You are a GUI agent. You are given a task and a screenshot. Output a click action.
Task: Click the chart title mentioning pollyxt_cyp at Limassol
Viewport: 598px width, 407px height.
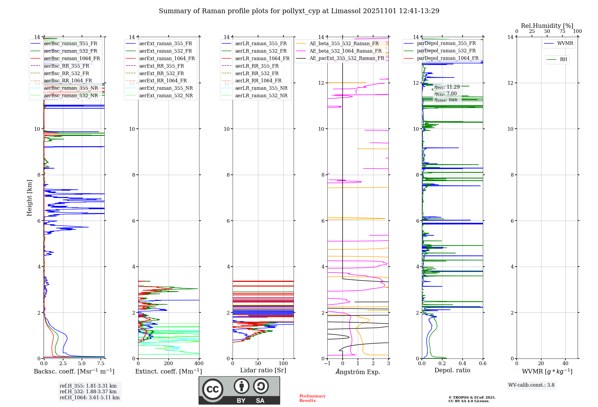pyautogui.click(x=299, y=11)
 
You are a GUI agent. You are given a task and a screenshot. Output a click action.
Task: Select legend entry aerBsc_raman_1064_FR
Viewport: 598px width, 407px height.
pyautogui.click(x=72, y=58)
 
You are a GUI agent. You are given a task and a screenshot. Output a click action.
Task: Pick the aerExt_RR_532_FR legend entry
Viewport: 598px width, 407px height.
pyautogui.click(x=161, y=73)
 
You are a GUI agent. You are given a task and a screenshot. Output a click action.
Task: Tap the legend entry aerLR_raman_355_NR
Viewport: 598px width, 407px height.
pyautogui.click(x=261, y=88)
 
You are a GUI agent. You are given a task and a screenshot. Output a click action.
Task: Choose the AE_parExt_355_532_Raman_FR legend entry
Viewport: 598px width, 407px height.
pyautogui.click(x=347, y=58)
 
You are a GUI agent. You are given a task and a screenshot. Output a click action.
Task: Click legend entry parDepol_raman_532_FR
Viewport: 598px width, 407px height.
pyautogui.click(x=446, y=51)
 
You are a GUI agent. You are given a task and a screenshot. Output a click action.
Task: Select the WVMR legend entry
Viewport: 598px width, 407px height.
pyautogui.click(x=565, y=43)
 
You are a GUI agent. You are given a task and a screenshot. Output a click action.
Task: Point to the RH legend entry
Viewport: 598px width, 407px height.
pyautogui.click(x=563, y=60)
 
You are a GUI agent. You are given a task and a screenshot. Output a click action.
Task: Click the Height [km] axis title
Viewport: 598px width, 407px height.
pyautogui.click(x=29, y=198)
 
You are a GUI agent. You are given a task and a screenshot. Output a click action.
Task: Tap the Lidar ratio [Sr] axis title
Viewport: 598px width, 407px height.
pyautogui.click(x=263, y=370)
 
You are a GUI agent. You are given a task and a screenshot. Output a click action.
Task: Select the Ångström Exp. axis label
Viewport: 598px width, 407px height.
pyautogui.click(x=358, y=372)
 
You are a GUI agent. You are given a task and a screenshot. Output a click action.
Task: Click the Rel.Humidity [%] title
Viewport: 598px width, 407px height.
pyautogui.click(x=547, y=26)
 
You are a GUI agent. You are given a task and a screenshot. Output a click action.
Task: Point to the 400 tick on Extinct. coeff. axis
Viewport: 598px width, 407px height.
pyautogui.click(x=199, y=363)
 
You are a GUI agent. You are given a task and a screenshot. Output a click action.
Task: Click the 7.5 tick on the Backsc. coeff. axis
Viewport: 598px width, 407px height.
pyautogui.click(x=101, y=363)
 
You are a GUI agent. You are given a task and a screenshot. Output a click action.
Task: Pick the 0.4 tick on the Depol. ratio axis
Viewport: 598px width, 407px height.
pyautogui.click(x=463, y=363)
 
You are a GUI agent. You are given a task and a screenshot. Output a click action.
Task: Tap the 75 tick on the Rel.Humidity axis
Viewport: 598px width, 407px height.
pyautogui.click(x=562, y=31)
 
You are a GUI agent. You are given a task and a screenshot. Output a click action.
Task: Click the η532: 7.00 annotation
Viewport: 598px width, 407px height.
pyautogui.click(x=446, y=93)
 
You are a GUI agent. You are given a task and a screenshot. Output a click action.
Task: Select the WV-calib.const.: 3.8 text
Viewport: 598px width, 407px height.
pyautogui.click(x=531, y=385)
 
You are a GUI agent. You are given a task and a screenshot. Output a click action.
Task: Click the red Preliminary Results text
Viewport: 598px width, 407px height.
pyautogui.click(x=312, y=398)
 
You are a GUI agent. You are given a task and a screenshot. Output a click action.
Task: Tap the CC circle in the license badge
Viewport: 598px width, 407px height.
pyautogui.click(x=213, y=389)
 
